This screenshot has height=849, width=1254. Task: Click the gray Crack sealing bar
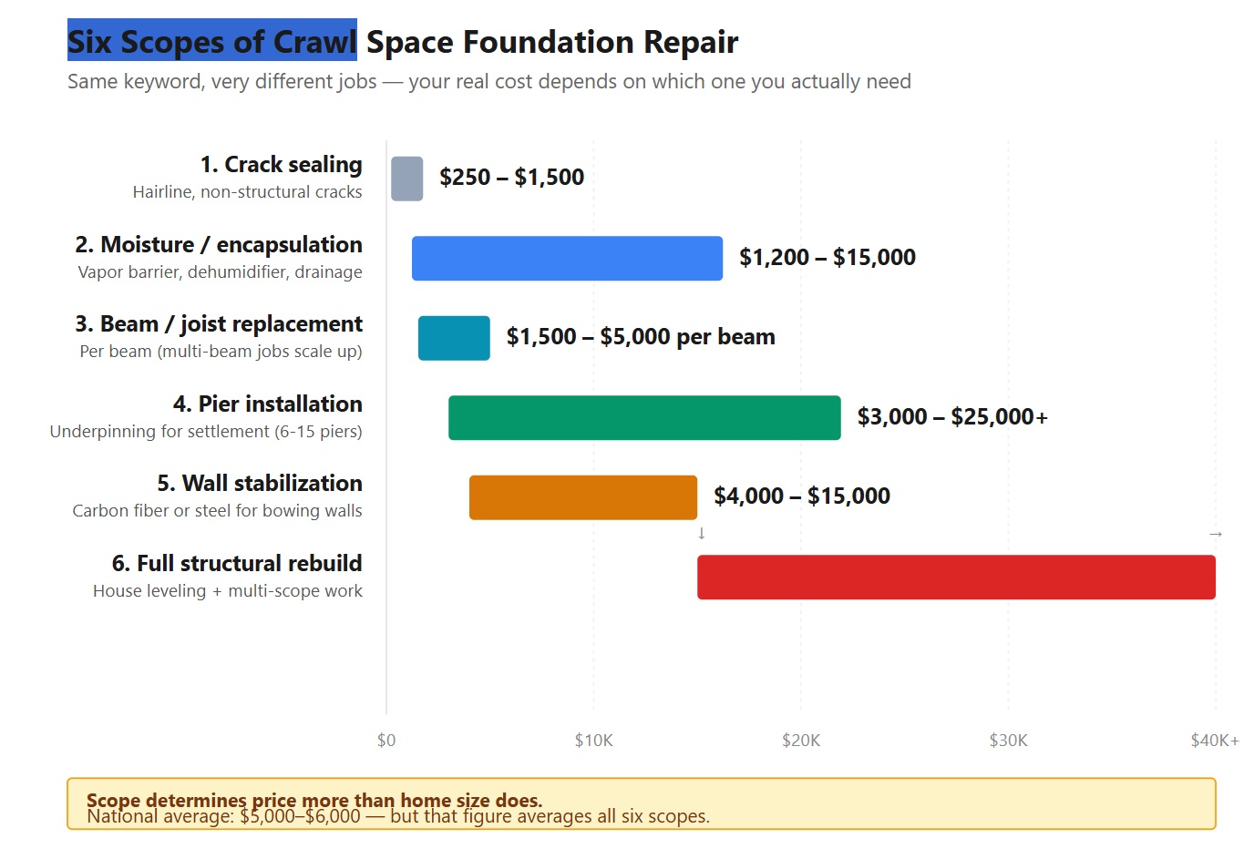(406, 179)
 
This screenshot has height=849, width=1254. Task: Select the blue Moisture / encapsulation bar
(567, 259)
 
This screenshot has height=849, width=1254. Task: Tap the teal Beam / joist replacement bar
(454, 338)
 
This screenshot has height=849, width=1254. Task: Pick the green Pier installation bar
(644, 418)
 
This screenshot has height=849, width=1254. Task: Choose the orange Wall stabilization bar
(583, 497)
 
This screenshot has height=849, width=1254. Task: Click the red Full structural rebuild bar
(956, 578)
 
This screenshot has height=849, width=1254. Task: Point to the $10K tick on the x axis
(593, 741)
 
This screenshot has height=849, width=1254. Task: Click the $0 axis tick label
(386, 741)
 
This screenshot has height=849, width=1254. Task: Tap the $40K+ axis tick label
(1214, 741)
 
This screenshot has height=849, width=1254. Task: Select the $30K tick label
(1008, 741)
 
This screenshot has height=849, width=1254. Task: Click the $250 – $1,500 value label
(511, 178)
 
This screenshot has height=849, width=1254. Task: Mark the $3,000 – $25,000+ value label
(952, 417)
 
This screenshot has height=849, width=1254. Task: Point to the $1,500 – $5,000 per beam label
(641, 337)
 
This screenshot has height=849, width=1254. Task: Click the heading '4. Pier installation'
(267, 404)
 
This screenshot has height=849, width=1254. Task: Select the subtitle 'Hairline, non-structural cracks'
(247, 192)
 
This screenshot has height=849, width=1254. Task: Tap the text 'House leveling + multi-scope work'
(228, 591)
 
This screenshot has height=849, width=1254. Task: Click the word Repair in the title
(691, 43)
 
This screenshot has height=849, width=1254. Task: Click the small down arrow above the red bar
(701, 533)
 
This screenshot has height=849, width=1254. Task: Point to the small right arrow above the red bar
(1215, 534)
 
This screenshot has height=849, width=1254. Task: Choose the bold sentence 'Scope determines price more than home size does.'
(314, 799)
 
